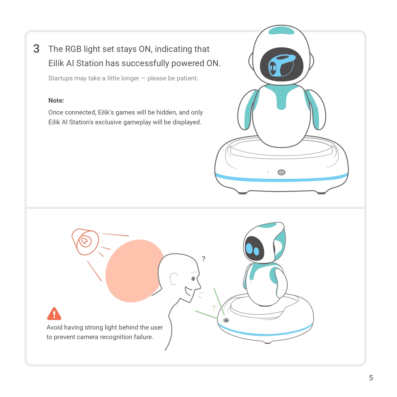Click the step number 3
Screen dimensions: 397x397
point(36,49)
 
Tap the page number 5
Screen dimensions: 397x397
point(371,378)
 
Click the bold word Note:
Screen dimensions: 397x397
point(56,101)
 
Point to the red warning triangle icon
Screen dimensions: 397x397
point(54,314)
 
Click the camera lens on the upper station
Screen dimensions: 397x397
point(281,172)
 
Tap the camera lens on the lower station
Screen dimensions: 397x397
point(226,320)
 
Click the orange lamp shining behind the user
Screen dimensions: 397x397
point(85,242)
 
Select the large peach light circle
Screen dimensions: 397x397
point(134,271)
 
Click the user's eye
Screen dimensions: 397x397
point(193,279)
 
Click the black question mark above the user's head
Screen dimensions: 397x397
point(204,259)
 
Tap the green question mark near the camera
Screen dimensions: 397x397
point(214,308)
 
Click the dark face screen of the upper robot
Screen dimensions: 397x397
point(281,64)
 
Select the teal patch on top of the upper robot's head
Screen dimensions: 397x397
point(281,30)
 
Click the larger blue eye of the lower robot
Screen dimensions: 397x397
point(249,248)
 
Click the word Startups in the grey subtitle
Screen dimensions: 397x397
point(60,78)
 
